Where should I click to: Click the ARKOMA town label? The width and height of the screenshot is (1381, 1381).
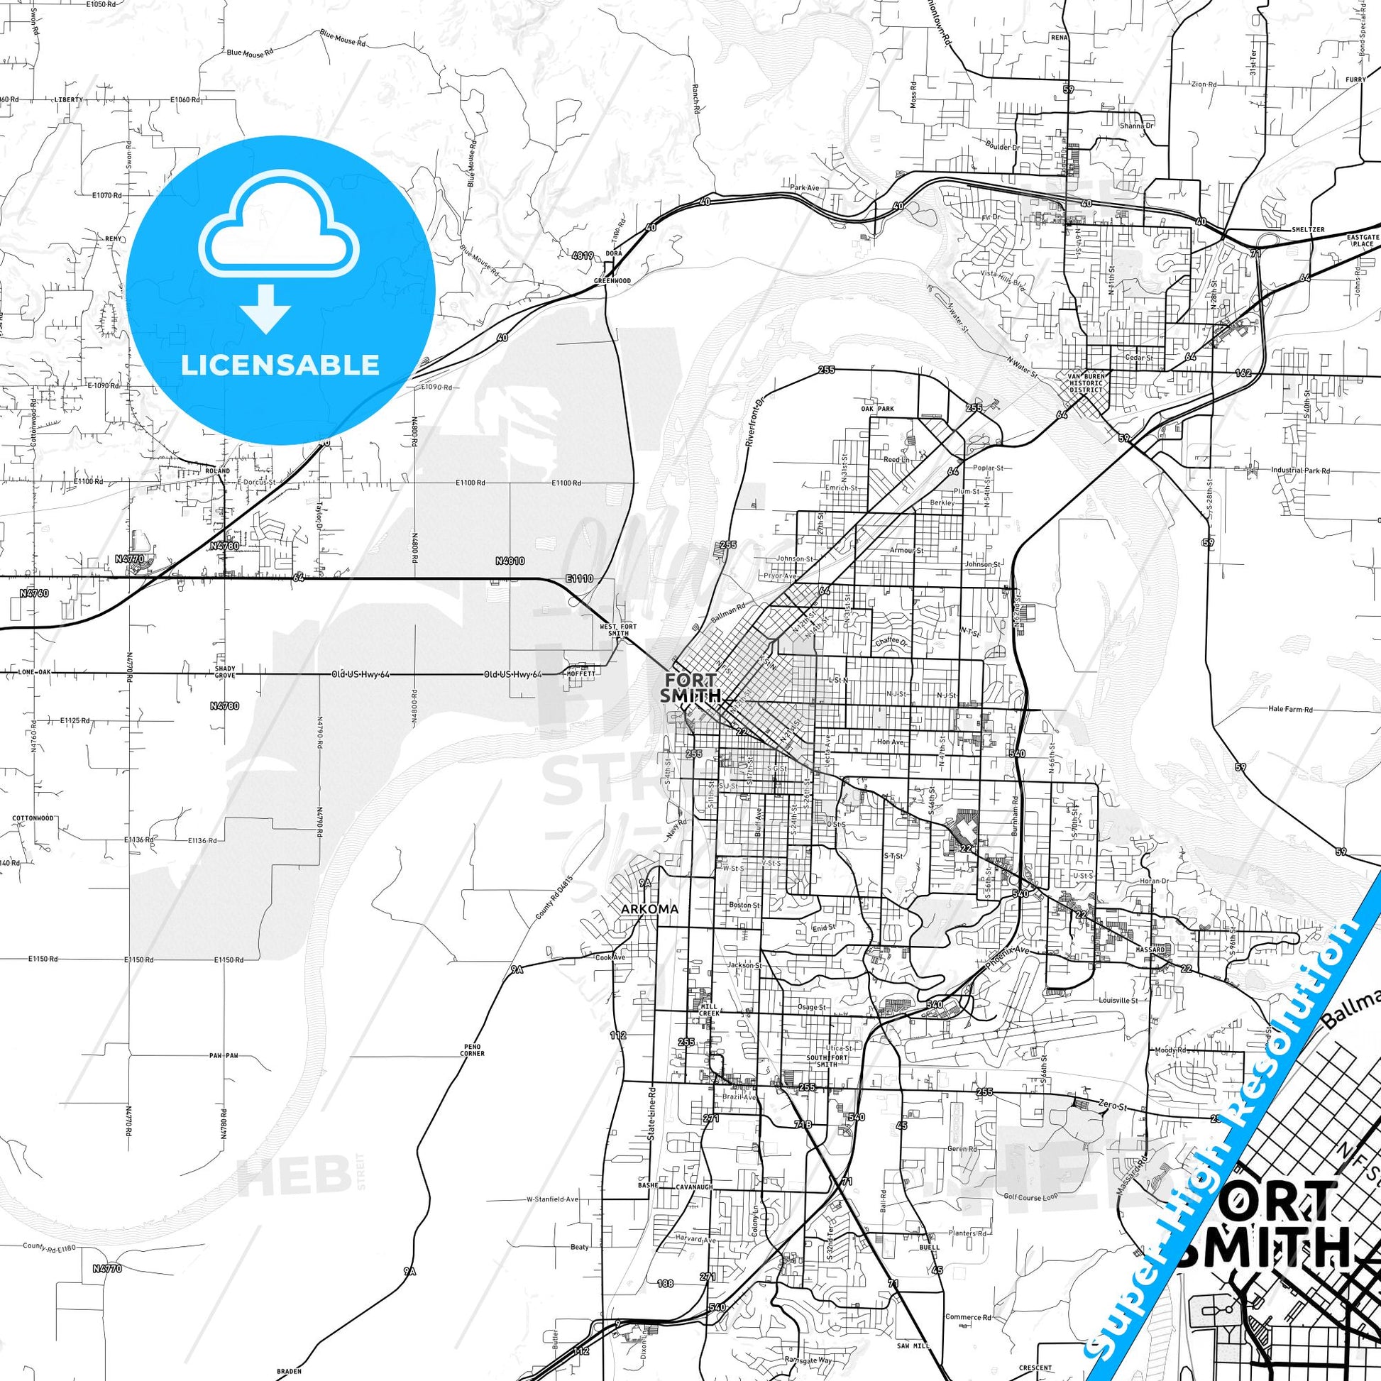coord(649,909)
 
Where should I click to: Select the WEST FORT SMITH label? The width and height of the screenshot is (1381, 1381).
coord(613,629)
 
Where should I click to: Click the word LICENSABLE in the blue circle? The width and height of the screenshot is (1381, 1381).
coord(280,365)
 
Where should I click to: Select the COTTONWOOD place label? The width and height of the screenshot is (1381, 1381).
coord(33,818)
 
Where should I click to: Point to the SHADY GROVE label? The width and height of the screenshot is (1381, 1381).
coord(225,671)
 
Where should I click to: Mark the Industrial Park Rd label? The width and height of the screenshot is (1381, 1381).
coord(1300,471)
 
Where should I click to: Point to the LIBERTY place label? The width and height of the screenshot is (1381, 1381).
coord(69,99)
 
